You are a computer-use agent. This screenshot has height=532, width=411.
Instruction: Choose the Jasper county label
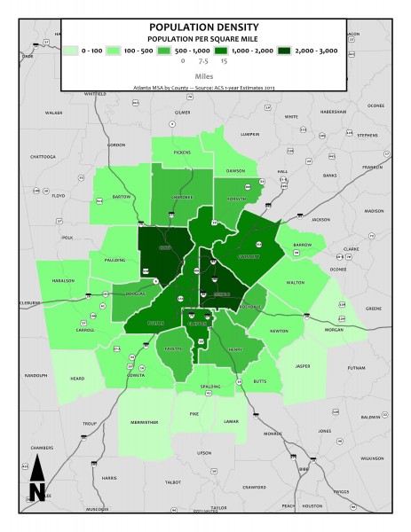(304, 364)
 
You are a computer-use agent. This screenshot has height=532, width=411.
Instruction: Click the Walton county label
(296, 282)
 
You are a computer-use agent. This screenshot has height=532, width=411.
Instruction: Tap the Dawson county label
(234, 170)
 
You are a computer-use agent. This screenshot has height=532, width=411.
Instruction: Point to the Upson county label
(204, 452)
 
